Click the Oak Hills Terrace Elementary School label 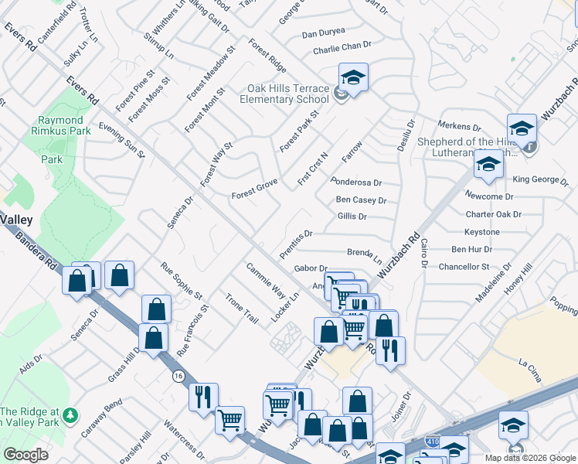pyautogui.click(x=284, y=94)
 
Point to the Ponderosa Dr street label pyautogui.click(x=356, y=183)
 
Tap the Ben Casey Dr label pyautogui.click(x=361, y=200)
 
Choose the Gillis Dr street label pyautogui.click(x=352, y=217)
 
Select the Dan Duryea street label pyautogui.click(x=321, y=34)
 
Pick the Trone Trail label pyautogui.click(x=241, y=309)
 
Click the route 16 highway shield pyautogui.click(x=178, y=375)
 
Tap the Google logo pyautogui.click(x=26, y=455)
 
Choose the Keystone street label pyautogui.click(x=481, y=232)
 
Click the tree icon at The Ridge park pyautogui.click(x=71, y=416)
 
